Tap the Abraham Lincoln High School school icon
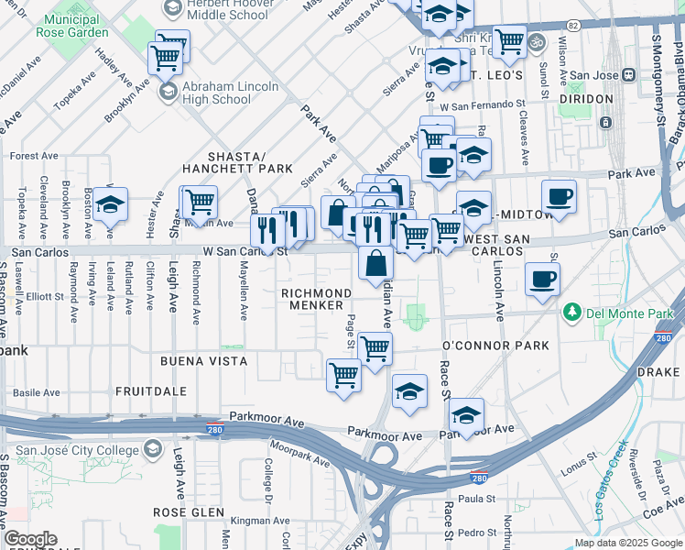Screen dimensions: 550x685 pyautogui.click(x=168, y=91)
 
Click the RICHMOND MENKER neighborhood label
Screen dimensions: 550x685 pyautogui.click(x=316, y=299)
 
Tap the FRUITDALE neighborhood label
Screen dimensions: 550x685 pyautogui.click(x=151, y=391)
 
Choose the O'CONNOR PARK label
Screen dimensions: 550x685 pyautogui.click(x=495, y=346)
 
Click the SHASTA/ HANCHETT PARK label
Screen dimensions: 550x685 pyautogui.click(x=237, y=162)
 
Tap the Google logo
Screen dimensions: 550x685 pyautogui.click(x=30, y=539)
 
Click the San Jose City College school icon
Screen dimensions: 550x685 pyautogui.click(x=153, y=450)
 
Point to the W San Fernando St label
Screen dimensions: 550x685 pyautogui.click(x=482, y=107)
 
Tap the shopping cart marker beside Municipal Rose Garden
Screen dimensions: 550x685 pyautogui.click(x=165, y=58)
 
